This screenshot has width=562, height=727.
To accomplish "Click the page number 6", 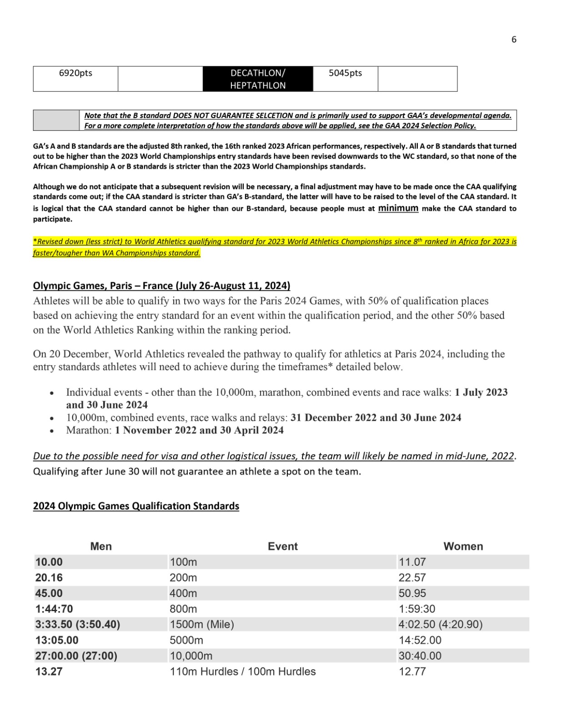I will click(x=514, y=40).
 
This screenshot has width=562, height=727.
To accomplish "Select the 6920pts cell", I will click(x=75, y=73).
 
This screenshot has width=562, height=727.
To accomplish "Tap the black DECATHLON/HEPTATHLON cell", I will click(x=258, y=79).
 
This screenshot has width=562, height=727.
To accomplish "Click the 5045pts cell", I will click(x=345, y=73).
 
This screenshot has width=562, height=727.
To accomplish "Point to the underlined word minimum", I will click(x=398, y=208).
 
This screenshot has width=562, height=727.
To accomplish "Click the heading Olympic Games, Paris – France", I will click(x=161, y=286).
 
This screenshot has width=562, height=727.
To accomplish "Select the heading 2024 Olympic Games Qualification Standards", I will click(x=136, y=506).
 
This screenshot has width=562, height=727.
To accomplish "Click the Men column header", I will click(x=101, y=546).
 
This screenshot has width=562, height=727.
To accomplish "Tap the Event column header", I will click(x=282, y=546).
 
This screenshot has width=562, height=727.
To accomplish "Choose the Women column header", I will click(x=463, y=546).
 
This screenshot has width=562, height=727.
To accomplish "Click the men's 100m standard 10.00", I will click(x=49, y=562).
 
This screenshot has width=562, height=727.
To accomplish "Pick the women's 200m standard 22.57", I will click(x=412, y=578).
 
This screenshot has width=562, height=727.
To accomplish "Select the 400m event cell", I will click(x=183, y=593).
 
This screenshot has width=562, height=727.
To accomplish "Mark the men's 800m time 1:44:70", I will click(x=54, y=609).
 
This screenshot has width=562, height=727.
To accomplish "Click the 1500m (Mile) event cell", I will click(x=202, y=625).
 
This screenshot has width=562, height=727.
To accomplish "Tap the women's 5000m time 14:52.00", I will click(x=420, y=640).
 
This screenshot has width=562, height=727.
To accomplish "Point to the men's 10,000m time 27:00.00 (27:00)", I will click(x=76, y=656).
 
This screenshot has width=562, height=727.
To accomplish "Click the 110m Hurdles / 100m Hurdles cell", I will click(x=243, y=672).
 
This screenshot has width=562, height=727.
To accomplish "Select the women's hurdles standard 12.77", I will click(x=412, y=672).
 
